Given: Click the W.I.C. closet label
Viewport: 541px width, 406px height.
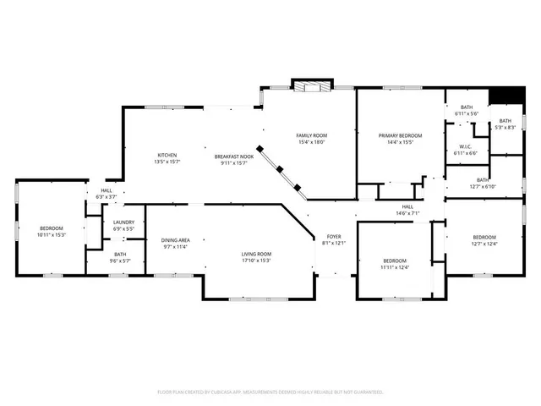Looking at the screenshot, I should pos(466,150).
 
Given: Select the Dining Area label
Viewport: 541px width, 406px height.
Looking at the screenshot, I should pos(176,244).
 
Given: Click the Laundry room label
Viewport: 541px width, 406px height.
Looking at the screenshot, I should pos(123,226).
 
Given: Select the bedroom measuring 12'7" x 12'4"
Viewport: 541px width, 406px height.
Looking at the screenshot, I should pos(484,240).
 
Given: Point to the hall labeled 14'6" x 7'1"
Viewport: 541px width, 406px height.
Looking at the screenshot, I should pos(407,210).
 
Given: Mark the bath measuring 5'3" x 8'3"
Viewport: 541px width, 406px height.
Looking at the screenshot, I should pos(505,124).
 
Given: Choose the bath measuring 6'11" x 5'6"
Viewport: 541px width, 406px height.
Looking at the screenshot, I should pos(467,110).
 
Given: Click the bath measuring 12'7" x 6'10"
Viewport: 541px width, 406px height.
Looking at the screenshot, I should pos(483,183).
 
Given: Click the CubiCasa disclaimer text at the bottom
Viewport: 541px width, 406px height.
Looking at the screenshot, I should pos(270,392).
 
